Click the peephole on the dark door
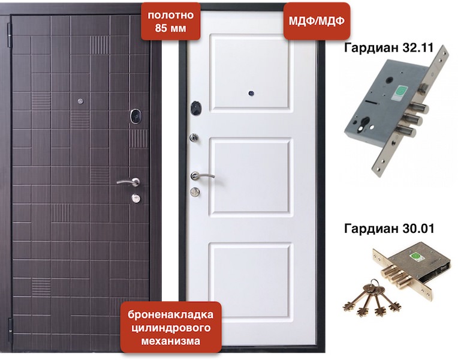(80, 101)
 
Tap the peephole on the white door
(251, 94)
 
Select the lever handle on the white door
(201, 176)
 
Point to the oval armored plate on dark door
(135, 116)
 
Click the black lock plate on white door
(196, 108)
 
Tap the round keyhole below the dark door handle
(136, 199)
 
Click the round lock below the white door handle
(195, 192)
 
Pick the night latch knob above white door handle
(194, 138)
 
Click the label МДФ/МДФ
(317, 21)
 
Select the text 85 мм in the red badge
(171, 29)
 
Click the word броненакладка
(171, 314)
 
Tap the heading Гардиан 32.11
(389, 47)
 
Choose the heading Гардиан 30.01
(389, 229)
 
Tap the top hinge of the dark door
(9, 35)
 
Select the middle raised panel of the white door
(251, 176)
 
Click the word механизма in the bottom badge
(171, 341)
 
